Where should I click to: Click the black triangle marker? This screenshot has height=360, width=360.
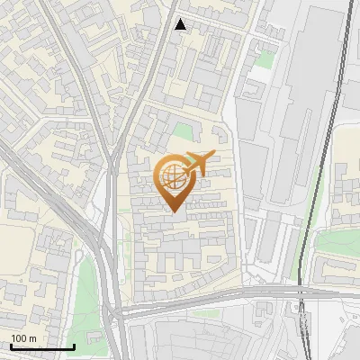click(181, 24)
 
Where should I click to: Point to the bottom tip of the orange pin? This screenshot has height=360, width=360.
click(175, 211)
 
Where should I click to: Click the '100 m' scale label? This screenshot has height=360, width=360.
click(23, 337)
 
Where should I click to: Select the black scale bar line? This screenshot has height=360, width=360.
click(42, 347)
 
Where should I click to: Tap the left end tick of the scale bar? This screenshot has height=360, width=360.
click(11, 346)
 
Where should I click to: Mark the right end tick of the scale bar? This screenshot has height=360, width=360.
click(74, 346)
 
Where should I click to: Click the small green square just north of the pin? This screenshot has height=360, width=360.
click(183, 131)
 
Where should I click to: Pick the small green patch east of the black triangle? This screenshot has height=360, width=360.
click(264, 58)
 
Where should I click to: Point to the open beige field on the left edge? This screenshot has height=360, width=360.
click(16, 252)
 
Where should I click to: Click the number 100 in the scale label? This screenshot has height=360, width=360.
click(19, 337)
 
